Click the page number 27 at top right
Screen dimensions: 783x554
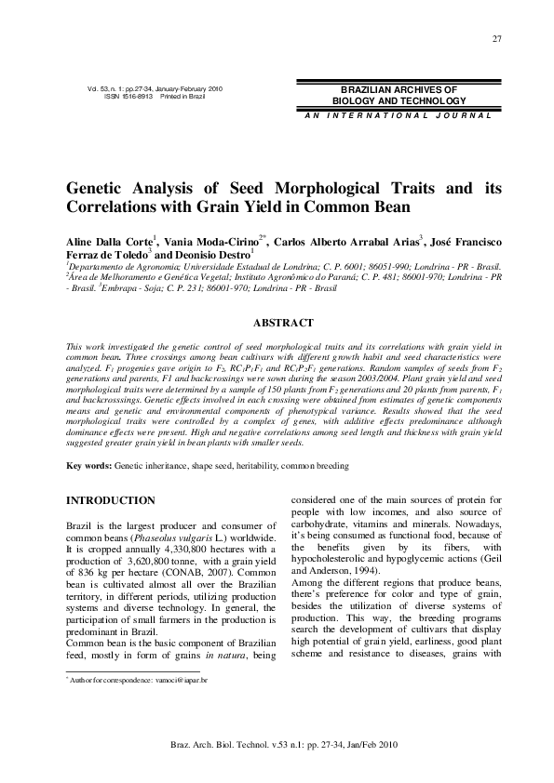coord(497,37)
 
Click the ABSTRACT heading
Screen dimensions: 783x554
coord(277,324)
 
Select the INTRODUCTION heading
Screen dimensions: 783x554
coord(110,500)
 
